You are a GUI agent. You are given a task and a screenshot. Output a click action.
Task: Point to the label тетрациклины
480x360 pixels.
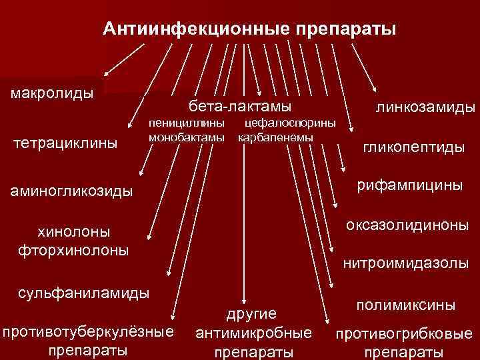65,143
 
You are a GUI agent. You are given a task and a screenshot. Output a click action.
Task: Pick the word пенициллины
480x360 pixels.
186,123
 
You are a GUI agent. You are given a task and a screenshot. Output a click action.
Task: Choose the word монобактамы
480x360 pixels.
186,137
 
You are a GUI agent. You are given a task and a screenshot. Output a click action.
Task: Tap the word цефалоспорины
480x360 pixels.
291,123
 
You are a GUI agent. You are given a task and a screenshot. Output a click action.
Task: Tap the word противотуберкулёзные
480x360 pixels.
88,332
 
